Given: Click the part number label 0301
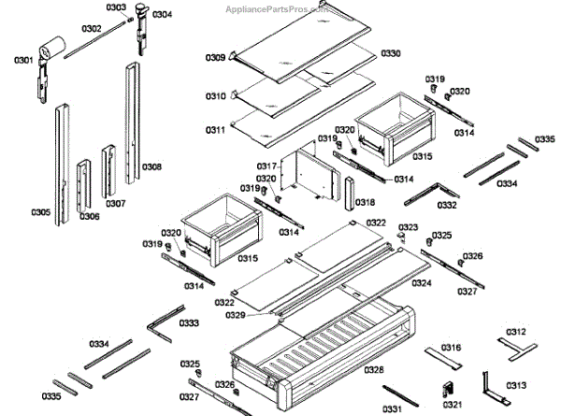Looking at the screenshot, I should point(23,62).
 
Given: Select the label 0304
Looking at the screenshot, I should point(162,15).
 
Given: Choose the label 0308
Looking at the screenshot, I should point(151,167).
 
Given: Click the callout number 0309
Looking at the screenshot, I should point(215,58).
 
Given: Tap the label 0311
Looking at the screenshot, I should point(216,130).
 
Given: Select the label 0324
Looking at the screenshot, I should point(422,282).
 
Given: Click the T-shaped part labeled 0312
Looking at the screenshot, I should point(510,345).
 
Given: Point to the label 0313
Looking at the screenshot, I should point(515,384).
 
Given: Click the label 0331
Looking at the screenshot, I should point(392,408).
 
